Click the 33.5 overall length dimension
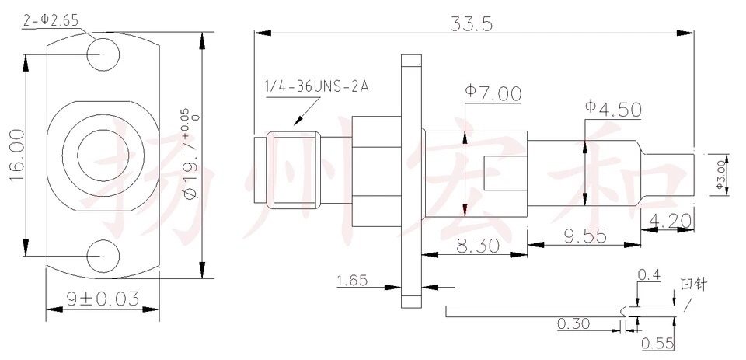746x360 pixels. click(472, 23)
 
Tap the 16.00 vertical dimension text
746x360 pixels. click(16, 156)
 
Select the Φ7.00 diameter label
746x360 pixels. click(493, 94)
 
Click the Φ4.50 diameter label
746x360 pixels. click(614, 109)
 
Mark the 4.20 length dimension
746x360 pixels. click(668, 221)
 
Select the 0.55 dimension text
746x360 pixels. click(657, 343)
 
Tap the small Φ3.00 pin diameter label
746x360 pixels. click(720, 173)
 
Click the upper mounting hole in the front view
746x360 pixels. click(104, 53)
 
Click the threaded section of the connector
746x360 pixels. click(292, 170)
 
